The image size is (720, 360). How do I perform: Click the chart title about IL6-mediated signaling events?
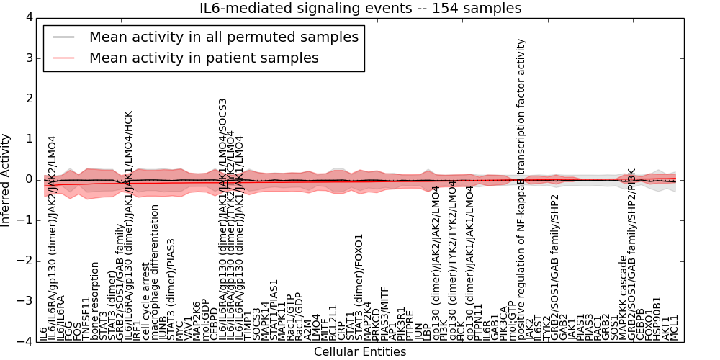coord(360,9)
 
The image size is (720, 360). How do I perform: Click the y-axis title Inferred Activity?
coord(6,179)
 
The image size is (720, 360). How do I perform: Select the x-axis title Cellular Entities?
coord(360,352)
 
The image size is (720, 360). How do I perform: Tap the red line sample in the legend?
coord(62,58)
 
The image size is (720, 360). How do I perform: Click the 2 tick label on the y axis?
coord(30,99)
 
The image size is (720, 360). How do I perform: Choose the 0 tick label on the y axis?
coord(30,180)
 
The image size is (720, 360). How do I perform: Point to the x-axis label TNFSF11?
coord(86,318)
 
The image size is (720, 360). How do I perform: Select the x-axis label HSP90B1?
coord(657,318)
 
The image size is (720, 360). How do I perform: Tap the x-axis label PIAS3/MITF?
coord(384,312)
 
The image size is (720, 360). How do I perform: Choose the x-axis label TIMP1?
coord(248,325)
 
